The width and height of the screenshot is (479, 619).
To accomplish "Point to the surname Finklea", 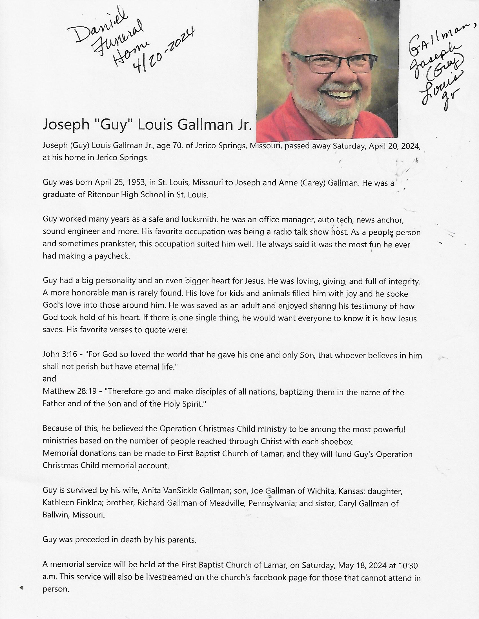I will [89, 503].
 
